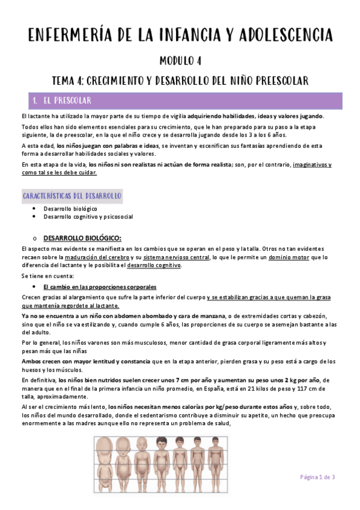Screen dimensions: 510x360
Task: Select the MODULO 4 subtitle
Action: click(x=180, y=61)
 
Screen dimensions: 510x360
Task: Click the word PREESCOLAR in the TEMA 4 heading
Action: click(x=275, y=81)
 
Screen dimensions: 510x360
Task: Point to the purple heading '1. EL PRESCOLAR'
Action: click(x=67, y=100)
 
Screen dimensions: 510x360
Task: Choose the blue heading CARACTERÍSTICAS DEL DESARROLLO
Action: click(x=72, y=196)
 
